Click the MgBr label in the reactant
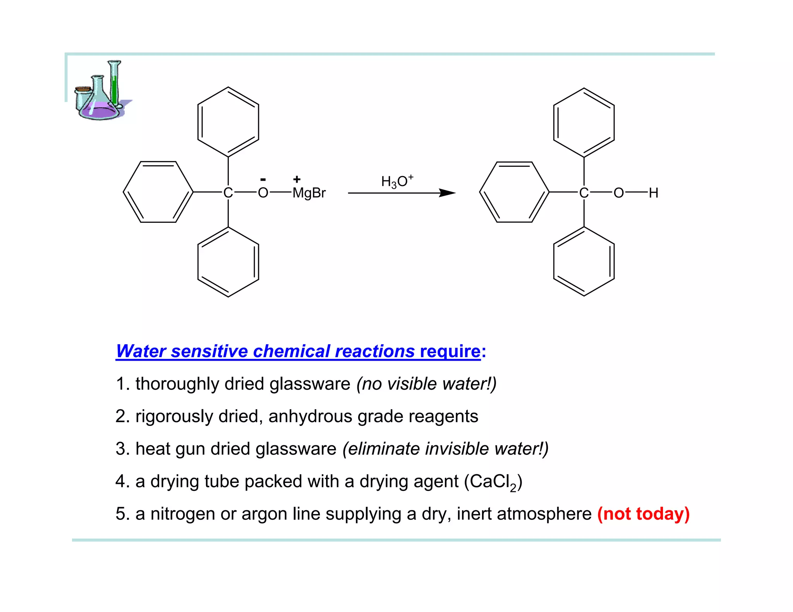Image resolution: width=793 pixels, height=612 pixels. click(x=309, y=193)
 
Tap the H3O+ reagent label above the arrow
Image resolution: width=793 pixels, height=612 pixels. click(x=397, y=181)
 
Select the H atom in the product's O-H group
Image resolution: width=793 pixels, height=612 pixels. click(x=654, y=193)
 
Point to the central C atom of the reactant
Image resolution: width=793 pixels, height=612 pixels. click(x=228, y=193)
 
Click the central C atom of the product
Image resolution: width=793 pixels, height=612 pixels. click(x=584, y=193)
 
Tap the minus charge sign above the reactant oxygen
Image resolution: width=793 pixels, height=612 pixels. click(x=263, y=179)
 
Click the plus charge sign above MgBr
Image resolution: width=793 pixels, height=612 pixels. click(x=297, y=179)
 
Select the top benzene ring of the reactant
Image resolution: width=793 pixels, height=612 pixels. click(x=228, y=122)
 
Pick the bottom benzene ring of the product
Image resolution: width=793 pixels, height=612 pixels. click(x=584, y=262)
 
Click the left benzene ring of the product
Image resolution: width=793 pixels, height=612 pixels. click(x=514, y=192)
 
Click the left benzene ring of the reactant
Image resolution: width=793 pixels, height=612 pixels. click(x=158, y=192)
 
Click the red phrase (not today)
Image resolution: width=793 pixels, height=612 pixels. click(x=643, y=514)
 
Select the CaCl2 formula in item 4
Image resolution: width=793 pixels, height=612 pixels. click(x=494, y=482)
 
